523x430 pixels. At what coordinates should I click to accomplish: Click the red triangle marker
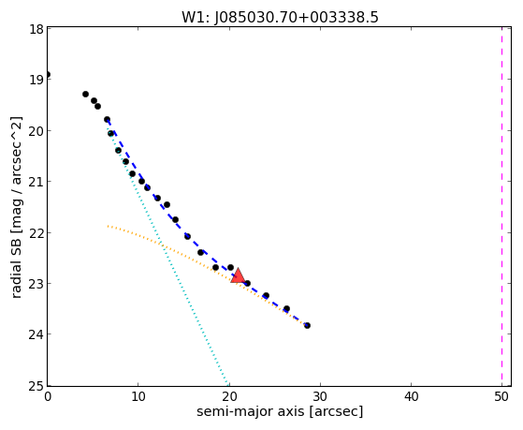click(x=238, y=275)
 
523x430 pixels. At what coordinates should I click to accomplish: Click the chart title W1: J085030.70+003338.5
click(x=280, y=18)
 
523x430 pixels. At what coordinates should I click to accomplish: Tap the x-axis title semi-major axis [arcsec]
click(x=280, y=411)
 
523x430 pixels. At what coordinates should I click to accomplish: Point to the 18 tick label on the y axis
click(x=36, y=29)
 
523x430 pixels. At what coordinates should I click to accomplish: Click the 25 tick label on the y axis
click(x=36, y=386)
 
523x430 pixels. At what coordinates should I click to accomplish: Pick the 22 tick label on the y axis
click(x=36, y=233)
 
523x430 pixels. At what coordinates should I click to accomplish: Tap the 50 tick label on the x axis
click(x=501, y=397)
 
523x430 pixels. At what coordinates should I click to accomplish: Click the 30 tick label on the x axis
click(x=320, y=397)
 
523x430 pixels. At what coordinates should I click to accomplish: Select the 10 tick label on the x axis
click(x=138, y=397)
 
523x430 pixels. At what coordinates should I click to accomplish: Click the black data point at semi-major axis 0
click(x=48, y=75)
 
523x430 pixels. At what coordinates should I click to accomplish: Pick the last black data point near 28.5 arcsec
click(x=307, y=325)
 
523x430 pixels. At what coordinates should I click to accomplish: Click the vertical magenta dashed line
click(x=501, y=206)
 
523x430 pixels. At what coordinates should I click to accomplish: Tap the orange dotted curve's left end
click(x=108, y=226)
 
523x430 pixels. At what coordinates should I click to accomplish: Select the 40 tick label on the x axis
click(x=411, y=397)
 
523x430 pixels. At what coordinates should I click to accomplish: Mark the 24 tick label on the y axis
click(x=36, y=334)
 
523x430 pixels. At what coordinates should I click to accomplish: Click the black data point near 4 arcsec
click(x=85, y=95)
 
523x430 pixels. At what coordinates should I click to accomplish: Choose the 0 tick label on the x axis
click(x=48, y=397)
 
